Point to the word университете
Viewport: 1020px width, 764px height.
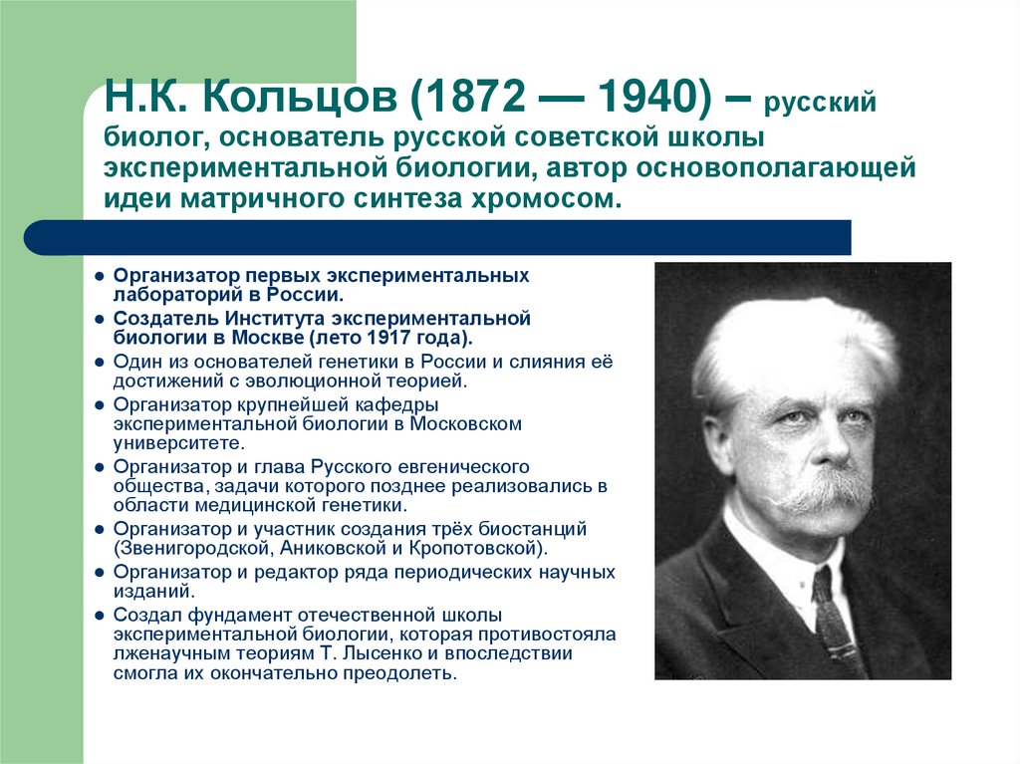[x=177, y=442]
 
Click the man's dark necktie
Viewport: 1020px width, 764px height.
[x=830, y=618]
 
